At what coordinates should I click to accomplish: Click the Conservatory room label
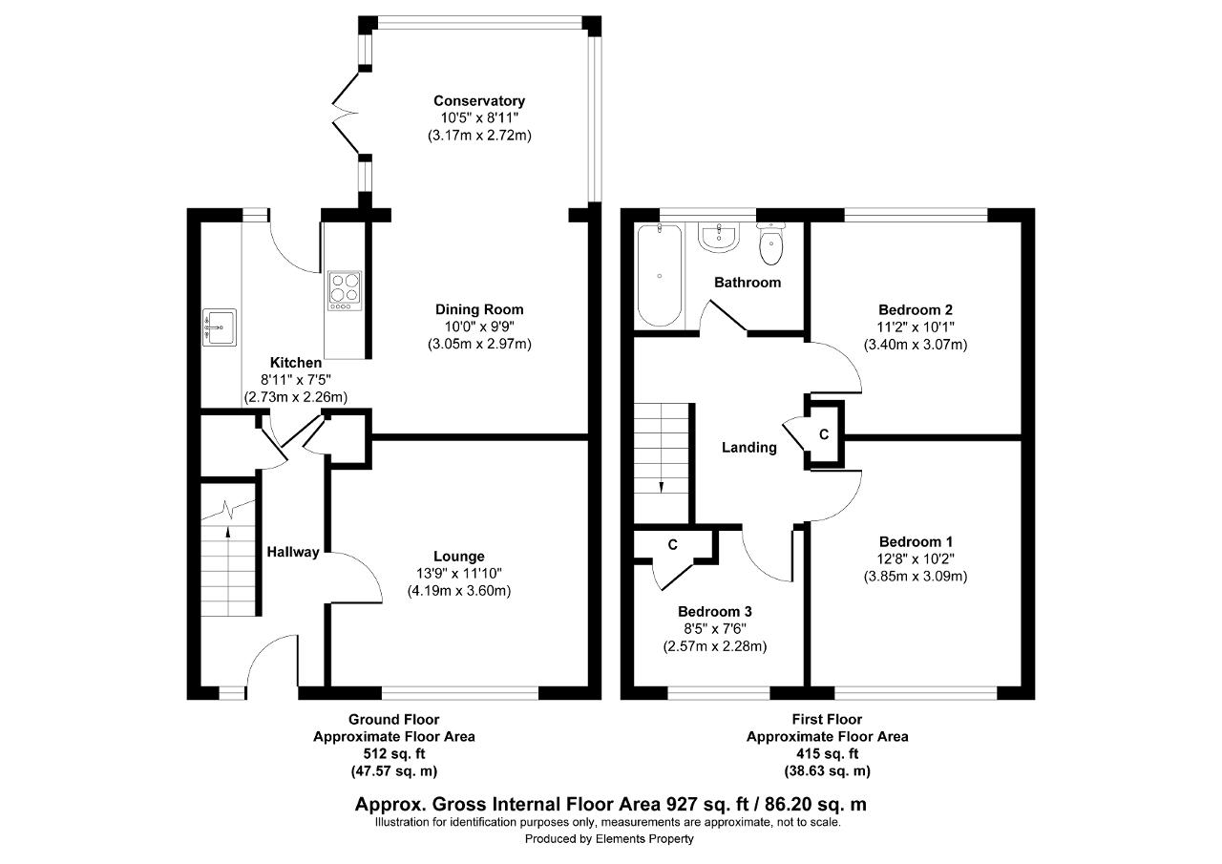coord(479,101)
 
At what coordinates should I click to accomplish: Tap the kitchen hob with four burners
coord(345,291)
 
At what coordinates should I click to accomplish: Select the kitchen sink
coord(220,327)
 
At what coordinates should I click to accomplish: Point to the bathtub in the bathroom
coord(660,276)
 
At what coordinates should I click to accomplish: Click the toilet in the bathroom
coord(770,243)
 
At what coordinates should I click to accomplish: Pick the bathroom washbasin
coord(719,238)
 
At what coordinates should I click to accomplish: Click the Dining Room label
coord(479,310)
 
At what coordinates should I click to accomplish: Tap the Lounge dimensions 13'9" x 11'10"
coord(459,573)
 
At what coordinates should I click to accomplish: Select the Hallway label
coord(293,553)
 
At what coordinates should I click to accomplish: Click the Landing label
coord(749,448)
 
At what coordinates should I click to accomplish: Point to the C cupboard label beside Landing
coord(824,434)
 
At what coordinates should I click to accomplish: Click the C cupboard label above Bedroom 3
coord(673,545)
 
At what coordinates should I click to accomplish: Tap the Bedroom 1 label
coord(916,542)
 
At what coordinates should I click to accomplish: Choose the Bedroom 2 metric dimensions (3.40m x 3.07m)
coord(916,345)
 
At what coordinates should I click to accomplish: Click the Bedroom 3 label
coord(715,611)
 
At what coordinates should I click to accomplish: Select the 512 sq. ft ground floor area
coord(394,754)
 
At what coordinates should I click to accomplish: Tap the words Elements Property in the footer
coord(644,839)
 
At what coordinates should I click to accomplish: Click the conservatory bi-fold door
coord(346,114)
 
